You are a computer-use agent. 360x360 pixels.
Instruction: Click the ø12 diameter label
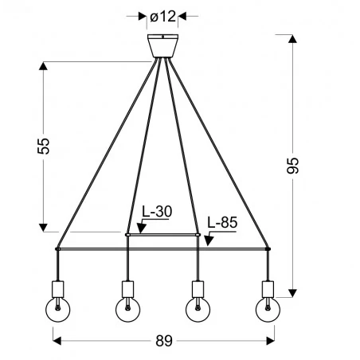[x=162, y=16]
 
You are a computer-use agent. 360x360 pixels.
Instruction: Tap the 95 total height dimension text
[x=293, y=164]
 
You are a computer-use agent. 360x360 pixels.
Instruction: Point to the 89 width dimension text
[x=162, y=341]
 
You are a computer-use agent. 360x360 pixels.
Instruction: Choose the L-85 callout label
[x=221, y=224]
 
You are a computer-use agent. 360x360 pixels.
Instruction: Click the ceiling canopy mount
[x=162, y=45]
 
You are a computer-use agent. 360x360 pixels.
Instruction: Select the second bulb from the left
[x=127, y=309]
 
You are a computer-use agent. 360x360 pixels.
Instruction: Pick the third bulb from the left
[x=198, y=309]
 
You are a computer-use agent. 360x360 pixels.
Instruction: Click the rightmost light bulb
[x=266, y=309]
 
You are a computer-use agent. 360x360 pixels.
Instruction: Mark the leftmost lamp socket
[x=59, y=287]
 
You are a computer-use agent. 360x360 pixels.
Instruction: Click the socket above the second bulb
[x=127, y=287]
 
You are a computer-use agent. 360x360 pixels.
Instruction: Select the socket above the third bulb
[x=198, y=287]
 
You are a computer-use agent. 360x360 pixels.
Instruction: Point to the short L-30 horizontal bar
[x=162, y=235]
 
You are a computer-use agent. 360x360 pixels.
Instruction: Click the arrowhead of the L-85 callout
[x=208, y=244]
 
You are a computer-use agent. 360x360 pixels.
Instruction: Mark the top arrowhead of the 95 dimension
[x=293, y=37]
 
